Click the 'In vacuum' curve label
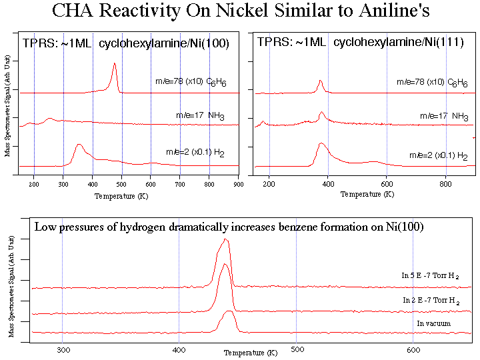(434, 324)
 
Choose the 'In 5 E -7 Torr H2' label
(431, 276)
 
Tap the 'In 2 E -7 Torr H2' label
(431, 301)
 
